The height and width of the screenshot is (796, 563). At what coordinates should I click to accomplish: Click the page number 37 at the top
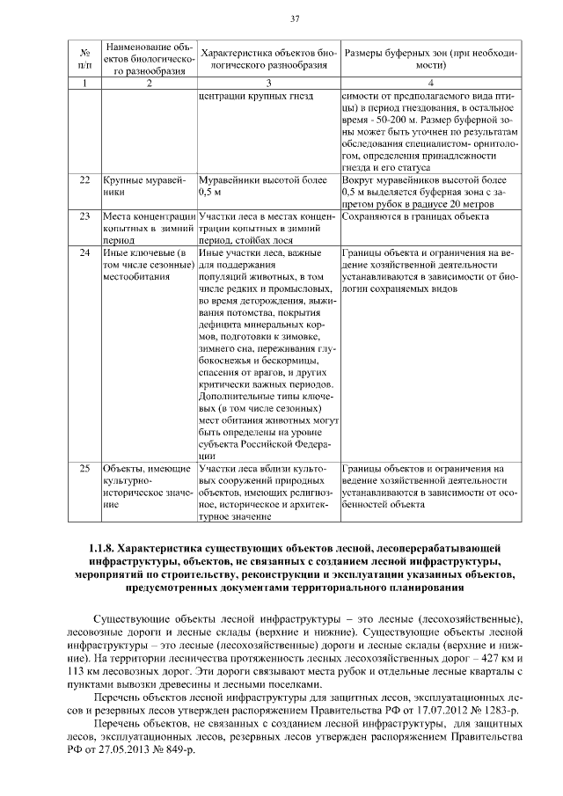pyautogui.click(x=296, y=18)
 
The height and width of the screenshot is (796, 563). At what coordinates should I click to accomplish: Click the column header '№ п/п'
pyautogui.click(x=84, y=58)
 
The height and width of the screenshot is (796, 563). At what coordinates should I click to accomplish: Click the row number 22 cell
pyautogui.click(x=84, y=179)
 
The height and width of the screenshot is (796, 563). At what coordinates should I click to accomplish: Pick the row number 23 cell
pyautogui.click(x=84, y=215)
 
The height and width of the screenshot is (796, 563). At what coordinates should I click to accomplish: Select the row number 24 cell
pyautogui.click(x=84, y=253)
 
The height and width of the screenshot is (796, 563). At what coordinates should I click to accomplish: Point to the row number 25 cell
pyautogui.click(x=84, y=469)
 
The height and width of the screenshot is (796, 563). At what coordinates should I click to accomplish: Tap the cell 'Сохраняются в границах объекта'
pyautogui.click(x=414, y=215)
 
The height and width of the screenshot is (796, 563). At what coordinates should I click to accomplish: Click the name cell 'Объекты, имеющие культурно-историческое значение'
pyautogui.click(x=146, y=487)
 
